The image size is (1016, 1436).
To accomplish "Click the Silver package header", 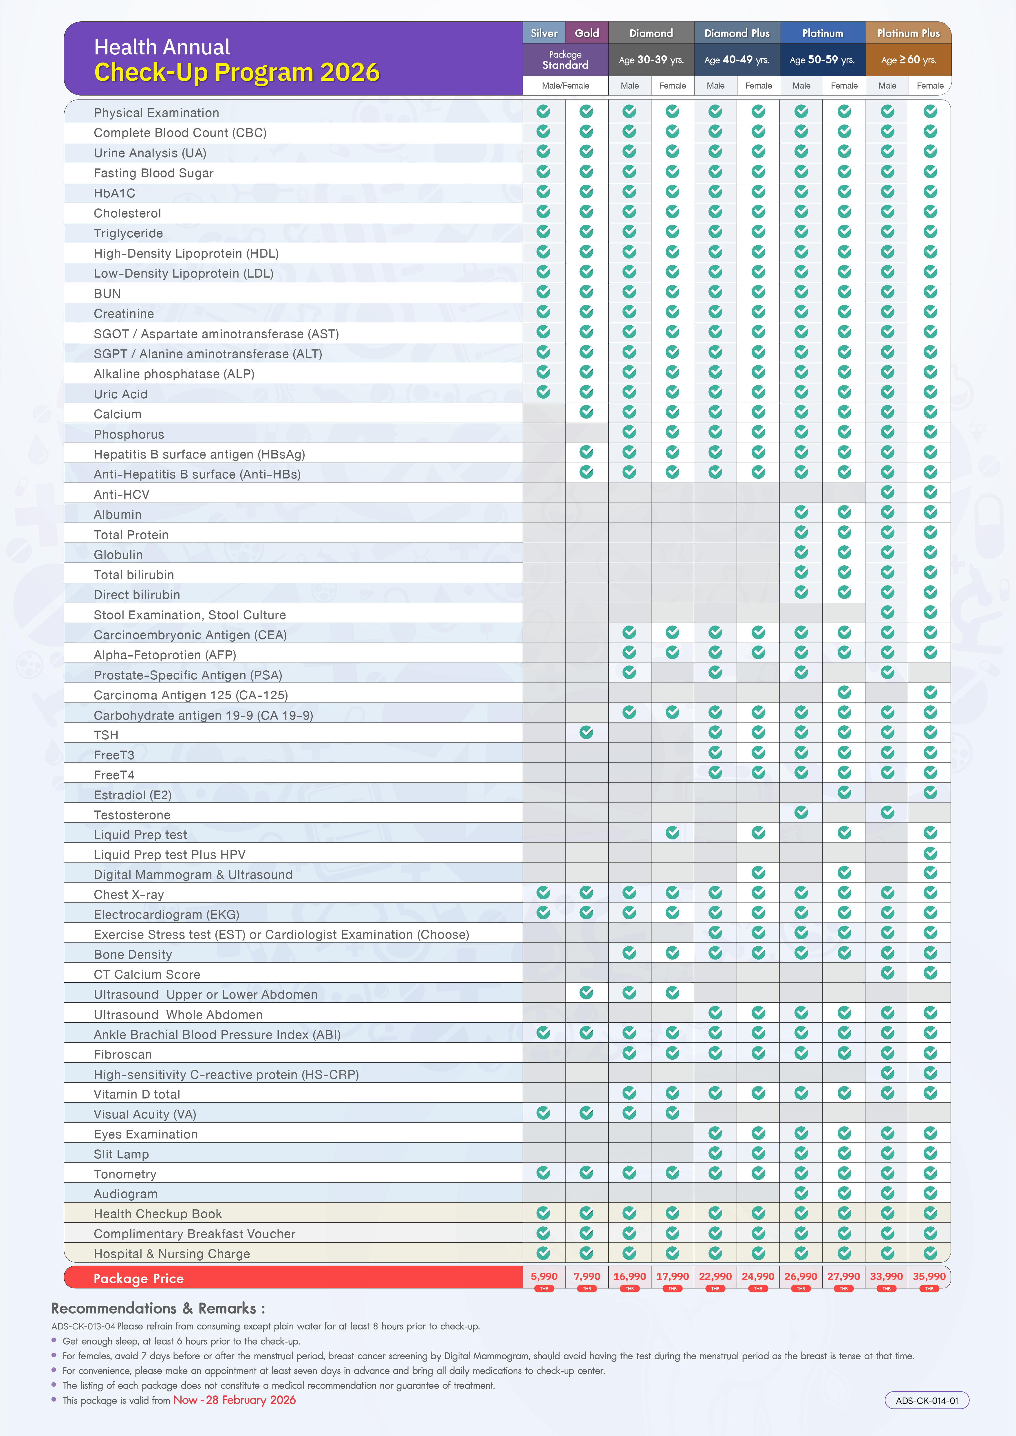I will pyautogui.click(x=544, y=33).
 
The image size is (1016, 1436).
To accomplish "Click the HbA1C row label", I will pyautogui.click(x=114, y=193).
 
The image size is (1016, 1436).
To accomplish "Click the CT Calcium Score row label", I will pyautogui.click(x=147, y=974).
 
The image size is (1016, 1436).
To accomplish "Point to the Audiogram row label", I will pyautogui.click(x=126, y=1194).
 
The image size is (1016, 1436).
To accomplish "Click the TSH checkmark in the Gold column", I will pyautogui.click(x=586, y=732).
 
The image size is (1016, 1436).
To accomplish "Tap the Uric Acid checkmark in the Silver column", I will pyautogui.click(x=544, y=392).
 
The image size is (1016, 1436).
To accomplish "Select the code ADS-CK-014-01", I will pyautogui.click(x=927, y=1400).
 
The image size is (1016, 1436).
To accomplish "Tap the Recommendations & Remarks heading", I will pyautogui.click(x=158, y=1308).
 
